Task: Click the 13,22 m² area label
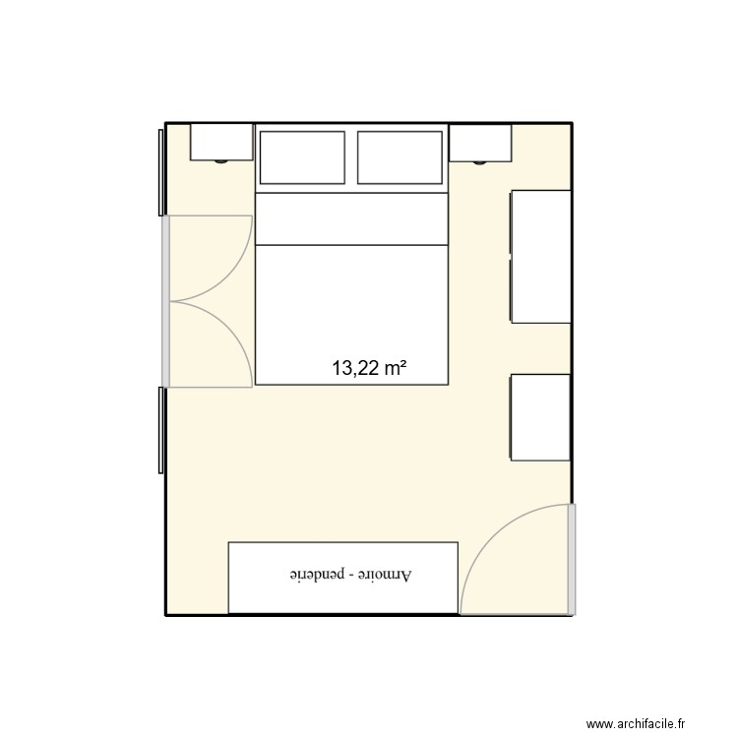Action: pyautogui.click(x=369, y=369)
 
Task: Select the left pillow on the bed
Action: pyautogui.click(x=301, y=157)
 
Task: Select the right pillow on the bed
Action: pyautogui.click(x=400, y=157)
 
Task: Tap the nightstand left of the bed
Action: pyautogui.click(x=221, y=142)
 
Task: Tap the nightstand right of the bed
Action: pyautogui.click(x=479, y=142)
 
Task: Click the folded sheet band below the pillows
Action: pyautogui.click(x=351, y=218)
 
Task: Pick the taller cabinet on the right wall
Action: pyautogui.click(x=541, y=256)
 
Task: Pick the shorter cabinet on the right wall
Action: pyautogui.click(x=541, y=416)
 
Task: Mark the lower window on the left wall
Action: pyautogui.click(x=160, y=430)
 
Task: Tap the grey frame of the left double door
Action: pyautogui.click(x=166, y=300)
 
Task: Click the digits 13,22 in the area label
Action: pyautogui.click(x=355, y=369)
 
